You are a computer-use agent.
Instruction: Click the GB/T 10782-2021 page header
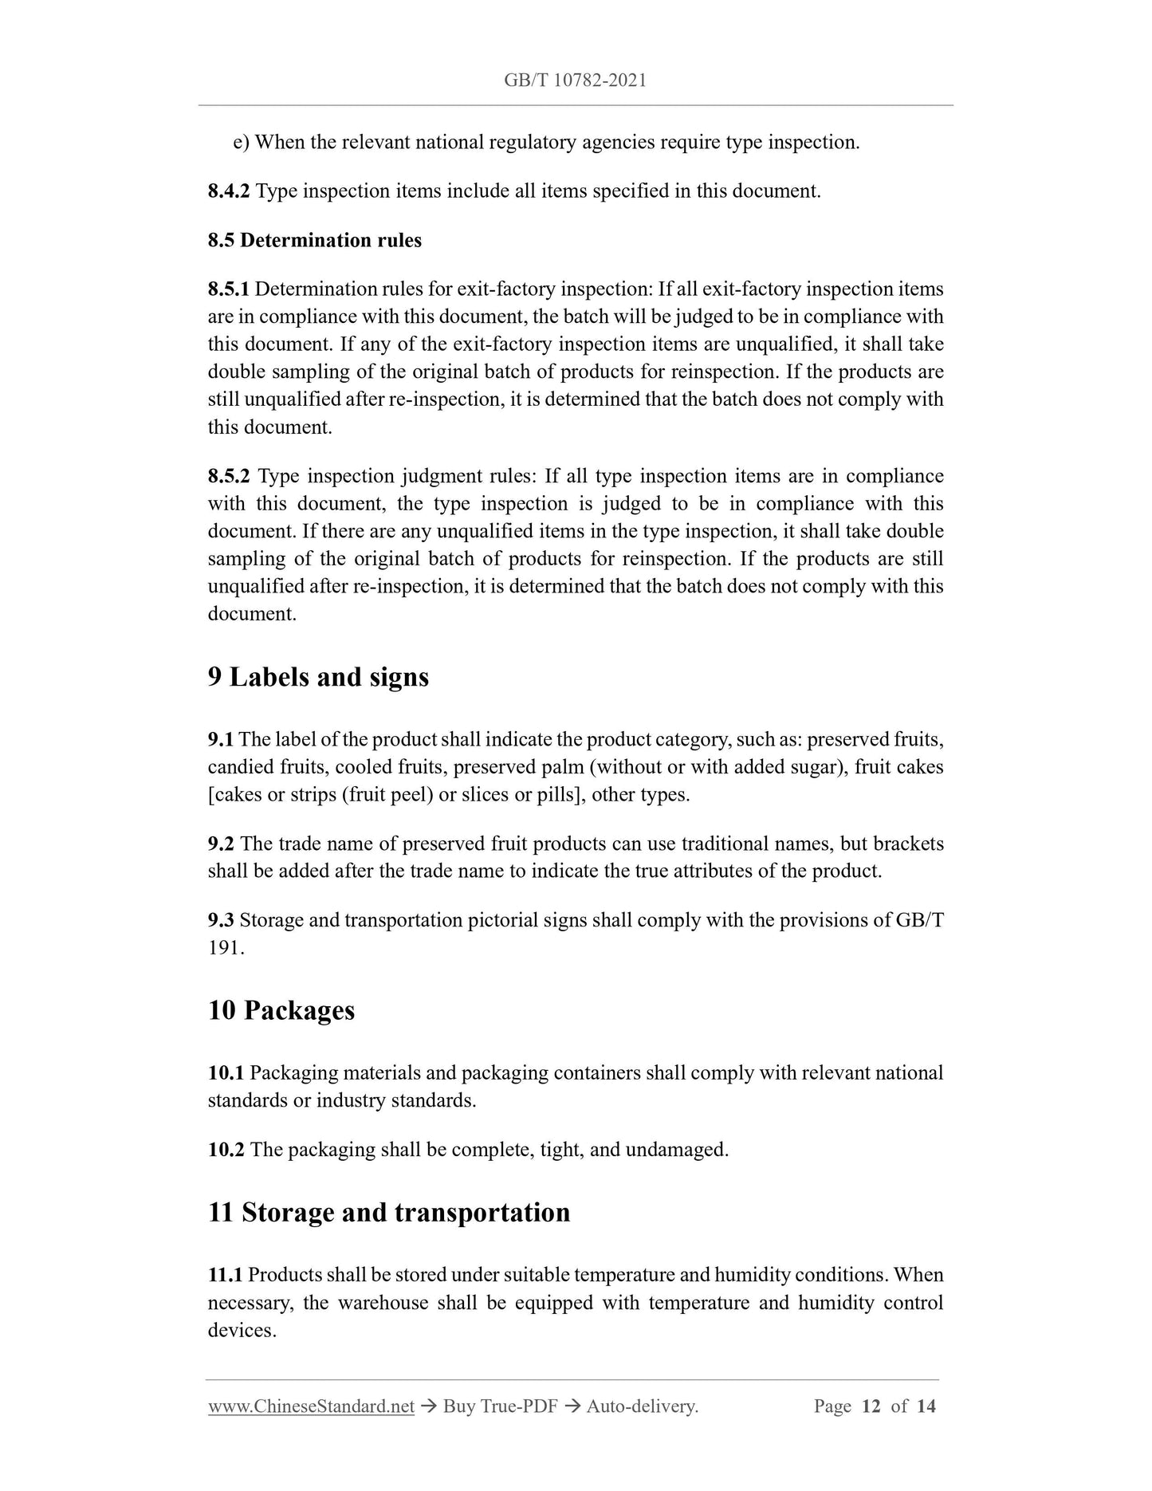575,80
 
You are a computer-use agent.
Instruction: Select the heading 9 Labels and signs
318,677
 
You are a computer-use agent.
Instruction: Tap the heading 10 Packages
281,1010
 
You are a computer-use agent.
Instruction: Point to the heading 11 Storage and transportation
389,1212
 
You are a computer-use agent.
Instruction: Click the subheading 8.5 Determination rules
315,240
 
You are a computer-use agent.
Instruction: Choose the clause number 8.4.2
229,191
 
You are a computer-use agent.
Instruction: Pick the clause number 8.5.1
229,289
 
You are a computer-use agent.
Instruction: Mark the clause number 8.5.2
229,476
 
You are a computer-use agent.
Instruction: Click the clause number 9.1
221,740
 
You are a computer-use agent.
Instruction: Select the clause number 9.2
221,844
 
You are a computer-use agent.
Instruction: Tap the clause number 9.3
221,920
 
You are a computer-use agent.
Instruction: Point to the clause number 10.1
226,1072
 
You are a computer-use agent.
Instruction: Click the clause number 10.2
226,1150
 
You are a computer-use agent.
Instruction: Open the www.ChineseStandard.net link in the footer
311,1406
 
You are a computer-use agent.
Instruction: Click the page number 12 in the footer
871,1406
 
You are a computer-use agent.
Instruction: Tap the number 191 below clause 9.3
226,948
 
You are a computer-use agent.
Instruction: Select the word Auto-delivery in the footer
642,1406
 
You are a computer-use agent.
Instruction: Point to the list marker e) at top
241,143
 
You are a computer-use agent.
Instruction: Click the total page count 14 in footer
926,1406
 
